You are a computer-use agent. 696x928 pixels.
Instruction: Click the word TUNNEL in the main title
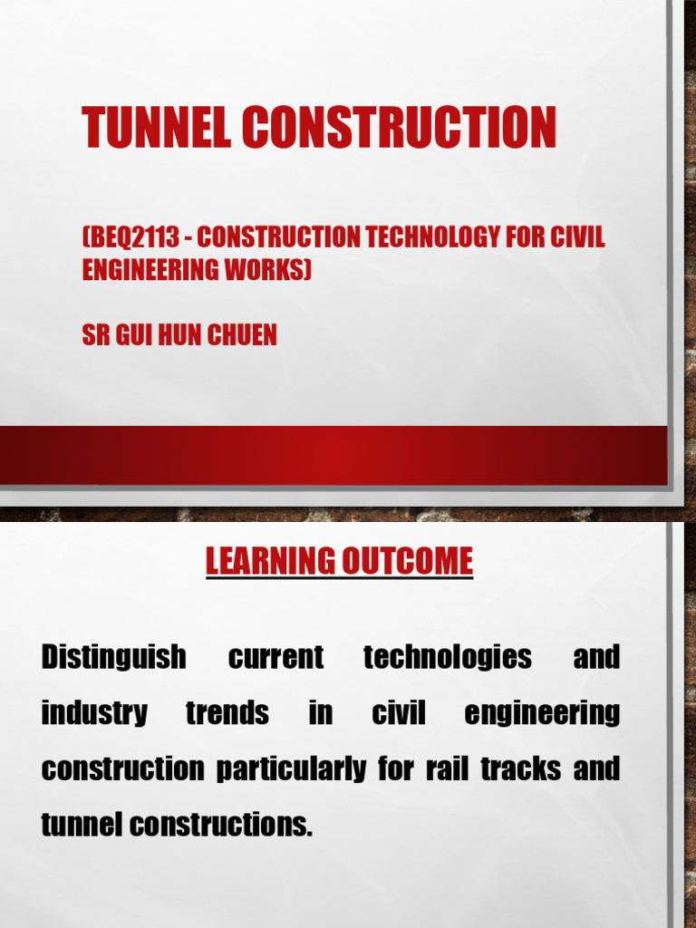coord(157,128)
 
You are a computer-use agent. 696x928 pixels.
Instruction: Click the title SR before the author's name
coord(95,335)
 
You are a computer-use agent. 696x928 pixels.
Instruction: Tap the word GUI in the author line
coord(134,335)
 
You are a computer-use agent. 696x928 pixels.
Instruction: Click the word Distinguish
coord(114,657)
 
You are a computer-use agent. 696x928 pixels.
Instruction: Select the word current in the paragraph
coord(276,657)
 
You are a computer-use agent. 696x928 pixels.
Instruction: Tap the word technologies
coord(448,657)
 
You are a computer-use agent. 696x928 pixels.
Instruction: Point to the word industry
coord(94,713)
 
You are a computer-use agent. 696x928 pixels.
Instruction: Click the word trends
coord(227,713)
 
